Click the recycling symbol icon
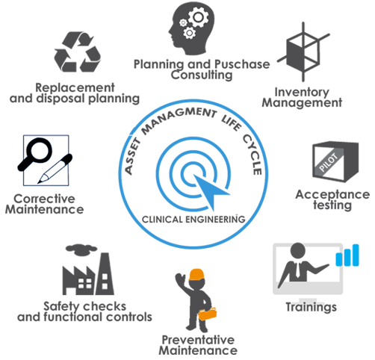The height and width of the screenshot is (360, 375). pyautogui.click(x=78, y=52)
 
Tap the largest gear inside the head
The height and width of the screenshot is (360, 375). pyautogui.click(x=198, y=17)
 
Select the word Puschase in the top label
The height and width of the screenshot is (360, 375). pyautogui.click(x=242, y=64)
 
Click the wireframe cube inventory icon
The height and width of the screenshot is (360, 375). pyautogui.click(x=303, y=52)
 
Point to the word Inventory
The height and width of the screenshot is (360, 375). pyautogui.click(x=302, y=93)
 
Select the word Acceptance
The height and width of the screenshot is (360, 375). pyautogui.click(x=332, y=194)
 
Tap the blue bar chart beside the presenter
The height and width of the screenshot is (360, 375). pyautogui.click(x=347, y=255)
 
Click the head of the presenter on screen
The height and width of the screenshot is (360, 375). pyautogui.click(x=298, y=251)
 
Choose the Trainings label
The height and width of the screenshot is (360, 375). pyautogui.click(x=311, y=307)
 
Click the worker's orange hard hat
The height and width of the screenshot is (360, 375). pyautogui.click(x=196, y=275)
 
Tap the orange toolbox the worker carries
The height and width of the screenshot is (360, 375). pyautogui.click(x=207, y=314)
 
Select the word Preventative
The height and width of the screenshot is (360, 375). pyautogui.click(x=198, y=340)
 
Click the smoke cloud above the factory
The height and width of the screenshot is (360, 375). pyautogui.click(x=81, y=249)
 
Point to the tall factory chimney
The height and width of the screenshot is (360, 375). pyautogui.click(x=105, y=274)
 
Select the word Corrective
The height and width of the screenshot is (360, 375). pyautogui.click(x=44, y=199)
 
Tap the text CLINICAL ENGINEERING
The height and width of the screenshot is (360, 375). pyautogui.click(x=193, y=220)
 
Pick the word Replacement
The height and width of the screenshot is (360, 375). pyautogui.click(x=75, y=88)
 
